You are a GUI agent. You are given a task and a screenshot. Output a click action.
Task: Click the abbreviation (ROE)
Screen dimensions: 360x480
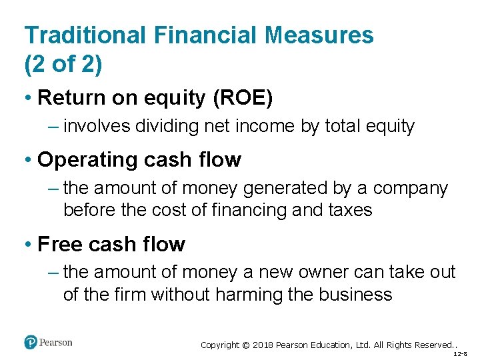pyautogui.click(x=242, y=98)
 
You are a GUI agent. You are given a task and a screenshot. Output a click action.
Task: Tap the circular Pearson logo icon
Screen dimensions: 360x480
pyautogui.click(x=30, y=342)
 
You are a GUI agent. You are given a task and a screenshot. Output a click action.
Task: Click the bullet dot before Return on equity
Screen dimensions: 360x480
pyautogui.click(x=29, y=99)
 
